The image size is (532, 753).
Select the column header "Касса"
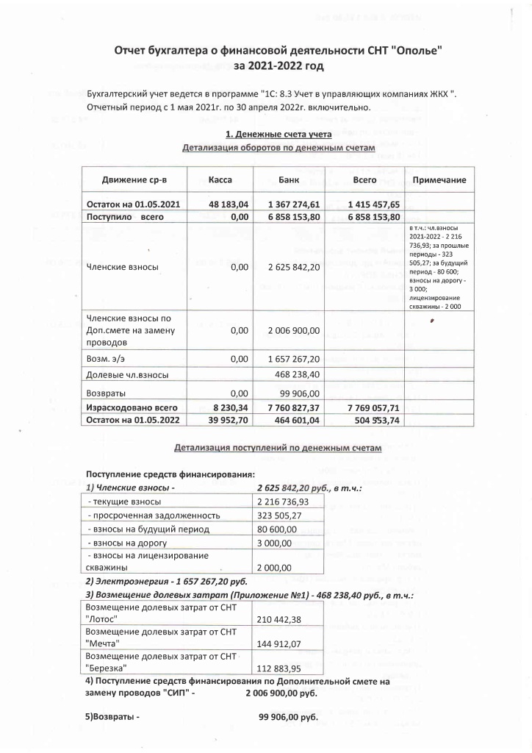click(x=220, y=180)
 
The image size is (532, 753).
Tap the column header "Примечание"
click(x=439, y=180)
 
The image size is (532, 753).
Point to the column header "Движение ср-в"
click(x=133, y=180)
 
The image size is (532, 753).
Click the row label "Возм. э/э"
click(x=110, y=358)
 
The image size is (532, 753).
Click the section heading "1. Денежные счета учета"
click(x=278, y=134)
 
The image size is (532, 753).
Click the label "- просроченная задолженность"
click(x=153, y=515)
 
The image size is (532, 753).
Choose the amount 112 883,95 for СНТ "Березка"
click(x=278, y=668)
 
